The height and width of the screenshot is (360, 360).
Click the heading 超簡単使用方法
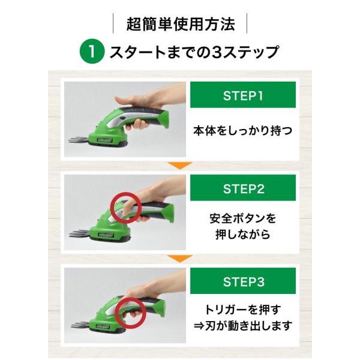tap(181, 24)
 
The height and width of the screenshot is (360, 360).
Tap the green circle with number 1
tap(92, 52)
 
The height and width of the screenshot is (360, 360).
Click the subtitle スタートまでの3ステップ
tap(194, 52)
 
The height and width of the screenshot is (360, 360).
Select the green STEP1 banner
tap(243, 95)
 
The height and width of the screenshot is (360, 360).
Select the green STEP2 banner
tap(243, 188)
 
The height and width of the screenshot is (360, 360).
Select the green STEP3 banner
tap(243, 281)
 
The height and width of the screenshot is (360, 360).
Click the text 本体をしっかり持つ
tap(242, 131)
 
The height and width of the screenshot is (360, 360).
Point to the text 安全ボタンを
tap(242, 218)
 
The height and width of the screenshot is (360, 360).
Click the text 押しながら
tap(242, 235)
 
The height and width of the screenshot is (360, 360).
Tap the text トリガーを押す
tap(242, 310)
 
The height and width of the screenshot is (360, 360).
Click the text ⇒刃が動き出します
tap(243, 326)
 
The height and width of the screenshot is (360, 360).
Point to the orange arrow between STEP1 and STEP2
tap(180, 166)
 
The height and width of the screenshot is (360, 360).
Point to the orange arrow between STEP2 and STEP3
tap(180, 259)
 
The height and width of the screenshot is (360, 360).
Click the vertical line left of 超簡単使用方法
tap(113, 23)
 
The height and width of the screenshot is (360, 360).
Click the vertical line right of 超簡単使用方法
tap(247, 23)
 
